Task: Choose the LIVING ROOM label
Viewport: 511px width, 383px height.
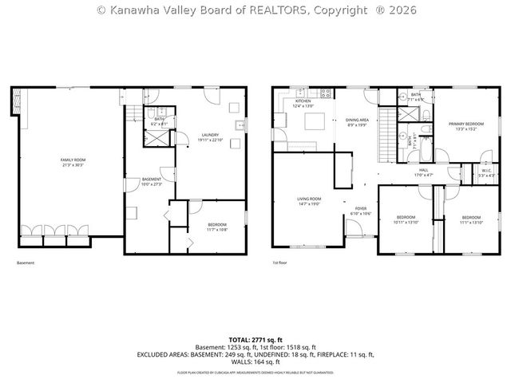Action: pos(309,200)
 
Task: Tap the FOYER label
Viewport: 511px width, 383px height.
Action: pos(361,211)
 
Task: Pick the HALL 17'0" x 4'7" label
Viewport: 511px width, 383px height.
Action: pos(424,171)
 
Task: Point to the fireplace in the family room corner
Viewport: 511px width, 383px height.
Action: pos(17,101)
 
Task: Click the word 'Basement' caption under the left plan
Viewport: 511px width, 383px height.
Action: pos(26,263)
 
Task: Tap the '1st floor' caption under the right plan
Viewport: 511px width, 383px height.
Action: pos(279,263)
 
